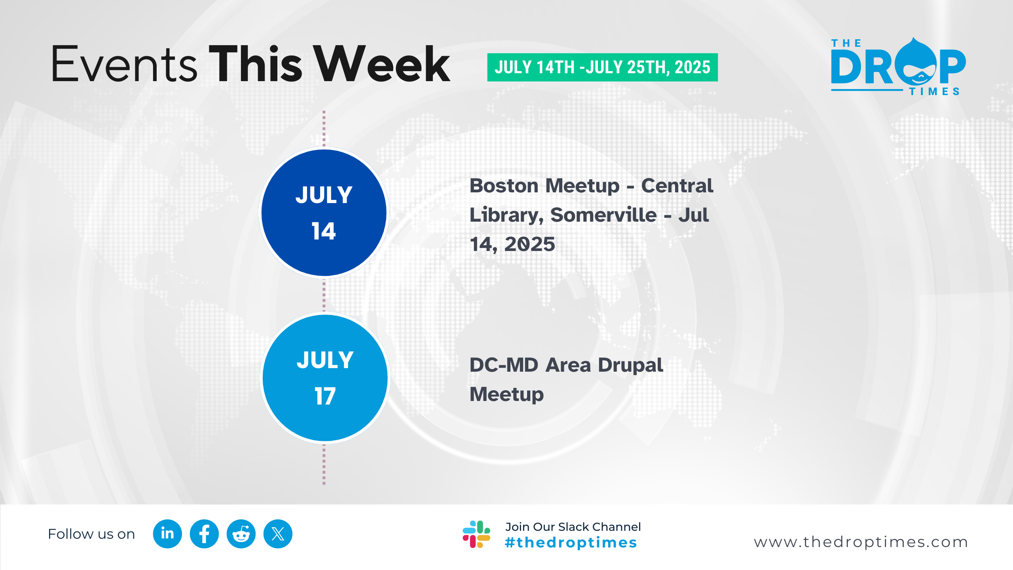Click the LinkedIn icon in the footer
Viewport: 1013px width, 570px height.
[x=167, y=534]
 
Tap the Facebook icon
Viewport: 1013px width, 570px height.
[x=204, y=534]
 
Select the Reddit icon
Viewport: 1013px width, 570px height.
[x=241, y=534]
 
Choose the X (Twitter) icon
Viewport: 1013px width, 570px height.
[x=278, y=534]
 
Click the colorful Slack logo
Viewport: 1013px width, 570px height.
[x=476, y=534]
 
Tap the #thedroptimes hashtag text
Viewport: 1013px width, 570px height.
[x=571, y=542]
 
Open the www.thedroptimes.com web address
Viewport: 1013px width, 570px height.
[x=861, y=542]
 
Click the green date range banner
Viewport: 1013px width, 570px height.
[x=602, y=67]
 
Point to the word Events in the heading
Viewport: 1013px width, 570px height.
[x=124, y=64]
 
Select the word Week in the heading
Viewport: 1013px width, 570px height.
[x=383, y=64]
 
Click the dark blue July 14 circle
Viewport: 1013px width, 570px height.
[x=324, y=213]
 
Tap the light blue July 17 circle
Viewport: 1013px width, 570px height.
[x=325, y=378]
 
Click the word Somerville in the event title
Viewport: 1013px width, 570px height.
[x=603, y=215]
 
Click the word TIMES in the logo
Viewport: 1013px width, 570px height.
[x=934, y=91]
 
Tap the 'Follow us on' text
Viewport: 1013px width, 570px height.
[x=91, y=534]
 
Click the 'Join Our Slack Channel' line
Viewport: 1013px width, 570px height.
[x=573, y=527]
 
